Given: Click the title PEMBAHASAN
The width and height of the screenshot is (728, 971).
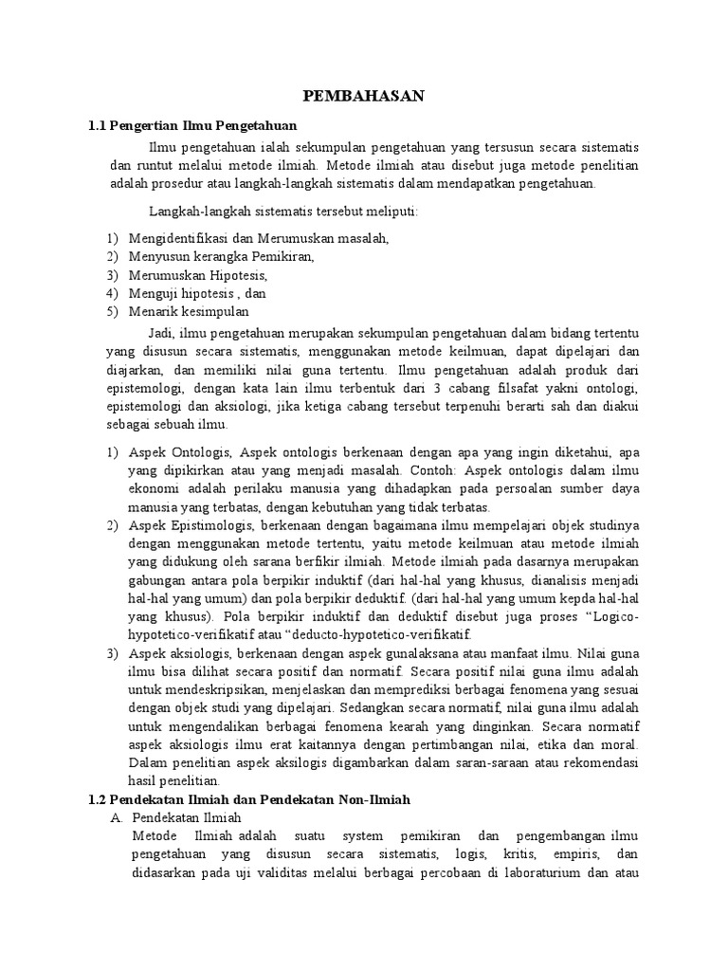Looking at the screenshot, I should (363, 96).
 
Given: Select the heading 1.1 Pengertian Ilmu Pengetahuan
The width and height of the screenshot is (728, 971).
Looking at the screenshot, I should (192, 125).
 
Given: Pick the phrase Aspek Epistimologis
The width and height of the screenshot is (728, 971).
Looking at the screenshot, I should (187, 525).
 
